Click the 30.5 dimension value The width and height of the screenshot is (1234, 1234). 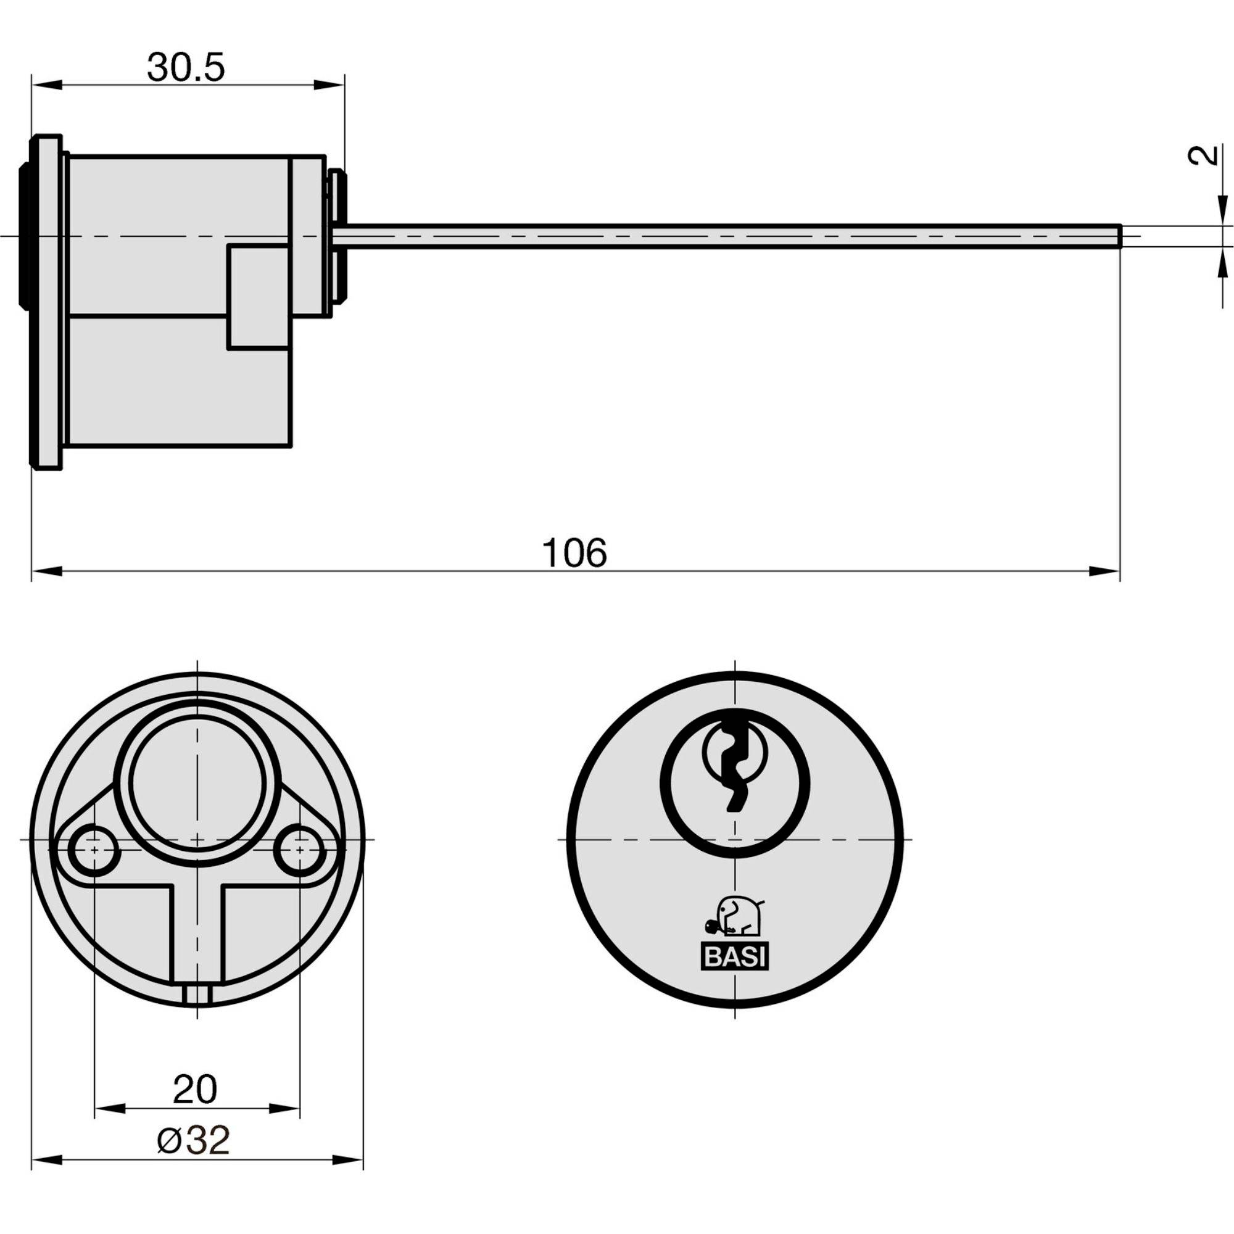coord(186,68)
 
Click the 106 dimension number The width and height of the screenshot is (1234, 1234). coord(574,553)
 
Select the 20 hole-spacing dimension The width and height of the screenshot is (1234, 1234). coord(196,1090)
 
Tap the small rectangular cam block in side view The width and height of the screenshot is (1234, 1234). coord(258,297)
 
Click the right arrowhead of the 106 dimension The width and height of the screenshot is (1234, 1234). coord(1104,571)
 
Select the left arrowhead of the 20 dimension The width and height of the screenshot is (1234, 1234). coord(110,1108)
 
